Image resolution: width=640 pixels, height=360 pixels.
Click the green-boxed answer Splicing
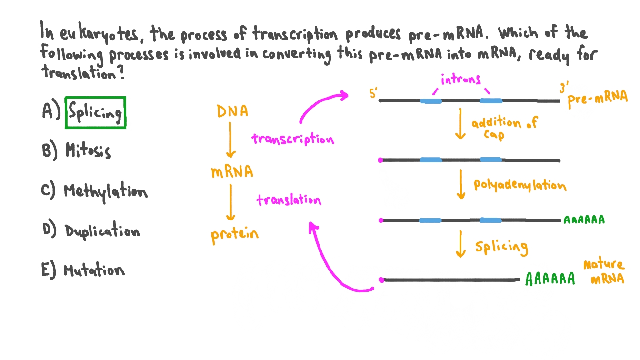point(95,113)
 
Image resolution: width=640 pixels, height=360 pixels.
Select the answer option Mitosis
point(88,151)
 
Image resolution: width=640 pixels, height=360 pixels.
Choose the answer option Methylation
point(105,191)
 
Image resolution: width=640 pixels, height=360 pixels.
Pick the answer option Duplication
point(102,231)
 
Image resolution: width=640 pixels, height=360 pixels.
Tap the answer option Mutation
point(94,270)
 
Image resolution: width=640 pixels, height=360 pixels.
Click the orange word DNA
point(232,111)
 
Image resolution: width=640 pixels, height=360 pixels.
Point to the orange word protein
point(235,235)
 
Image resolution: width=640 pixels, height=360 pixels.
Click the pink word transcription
point(293,139)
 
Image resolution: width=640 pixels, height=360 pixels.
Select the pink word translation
point(289,200)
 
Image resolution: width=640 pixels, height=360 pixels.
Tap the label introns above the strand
point(460,80)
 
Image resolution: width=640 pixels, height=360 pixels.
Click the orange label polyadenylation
point(520,185)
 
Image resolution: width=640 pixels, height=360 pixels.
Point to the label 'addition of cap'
point(503,129)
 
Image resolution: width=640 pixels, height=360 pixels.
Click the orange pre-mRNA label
point(598,98)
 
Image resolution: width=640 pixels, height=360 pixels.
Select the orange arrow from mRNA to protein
point(230,202)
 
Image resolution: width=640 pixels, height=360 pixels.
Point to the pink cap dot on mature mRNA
point(381,280)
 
